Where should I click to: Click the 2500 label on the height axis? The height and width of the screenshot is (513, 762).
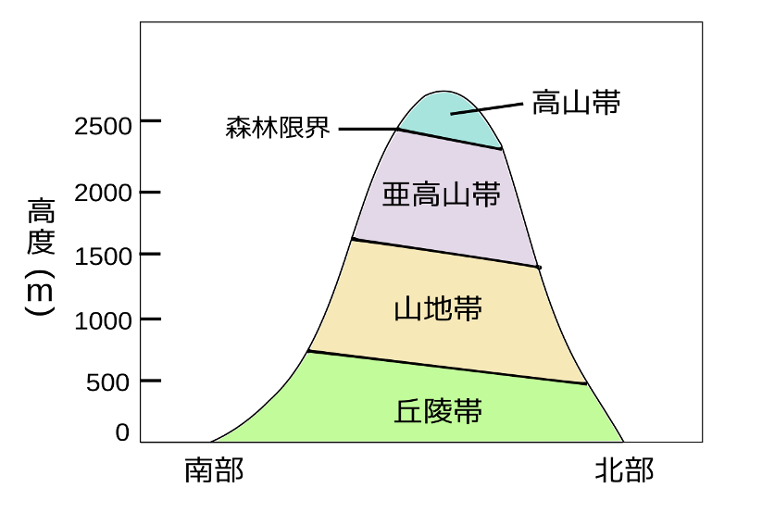[103, 127]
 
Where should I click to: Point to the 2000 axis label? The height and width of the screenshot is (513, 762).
[103, 193]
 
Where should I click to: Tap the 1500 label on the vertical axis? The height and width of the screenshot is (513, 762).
[103, 256]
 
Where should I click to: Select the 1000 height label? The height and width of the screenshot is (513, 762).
[103, 321]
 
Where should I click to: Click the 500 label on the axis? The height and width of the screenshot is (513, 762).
[108, 382]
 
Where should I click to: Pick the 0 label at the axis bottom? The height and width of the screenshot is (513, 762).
[122, 432]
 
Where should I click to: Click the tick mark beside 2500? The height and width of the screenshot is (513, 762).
[151, 120]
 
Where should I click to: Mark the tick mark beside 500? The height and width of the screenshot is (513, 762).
[151, 381]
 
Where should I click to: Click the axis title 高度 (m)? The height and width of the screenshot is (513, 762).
[41, 256]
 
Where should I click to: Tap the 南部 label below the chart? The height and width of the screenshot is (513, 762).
[214, 470]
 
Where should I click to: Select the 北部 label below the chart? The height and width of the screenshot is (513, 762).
[624, 470]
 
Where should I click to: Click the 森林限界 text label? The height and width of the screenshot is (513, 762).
[278, 128]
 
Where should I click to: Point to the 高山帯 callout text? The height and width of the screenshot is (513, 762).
[576, 103]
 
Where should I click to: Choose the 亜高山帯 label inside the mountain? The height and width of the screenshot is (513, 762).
[442, 194]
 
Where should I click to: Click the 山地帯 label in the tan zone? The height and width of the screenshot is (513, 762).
[438, 308]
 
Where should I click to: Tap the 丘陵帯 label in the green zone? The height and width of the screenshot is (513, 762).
[438, 411]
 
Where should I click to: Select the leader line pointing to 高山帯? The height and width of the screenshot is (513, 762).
[486, 108]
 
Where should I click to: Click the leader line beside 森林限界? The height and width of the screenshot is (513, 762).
[369, 129]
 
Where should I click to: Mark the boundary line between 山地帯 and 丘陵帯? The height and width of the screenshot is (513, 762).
[447, 368]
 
